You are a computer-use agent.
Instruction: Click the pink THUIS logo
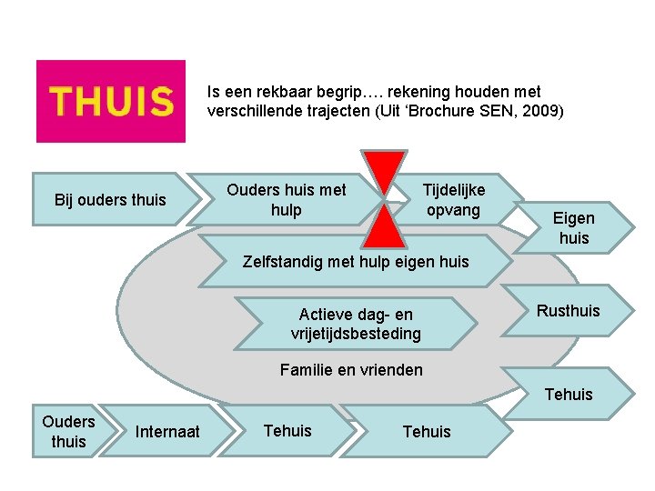click(x=110, y=101)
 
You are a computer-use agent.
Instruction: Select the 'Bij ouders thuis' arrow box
click(x=110, y=199)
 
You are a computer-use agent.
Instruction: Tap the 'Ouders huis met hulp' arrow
click(x=287, y=199)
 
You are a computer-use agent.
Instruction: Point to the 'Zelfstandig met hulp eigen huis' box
click(x=356, y=262)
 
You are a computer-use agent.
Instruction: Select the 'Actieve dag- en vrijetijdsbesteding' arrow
click(x=355, y=324)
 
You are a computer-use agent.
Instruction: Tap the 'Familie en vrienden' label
click(x=351, y=370)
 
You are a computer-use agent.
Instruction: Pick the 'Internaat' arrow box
click(x=167, y=431)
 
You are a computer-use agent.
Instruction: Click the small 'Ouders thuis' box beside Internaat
click(x=68, y=431)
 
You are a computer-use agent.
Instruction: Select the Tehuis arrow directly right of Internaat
click(x=287, y=430)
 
